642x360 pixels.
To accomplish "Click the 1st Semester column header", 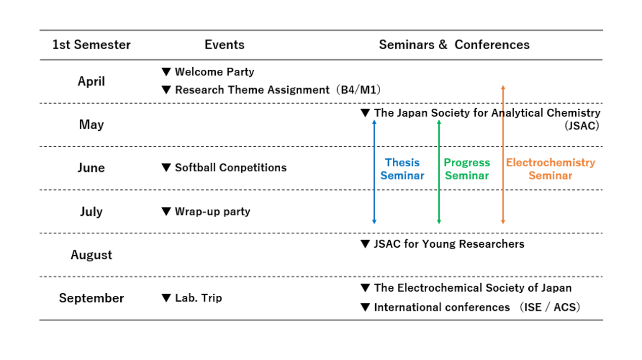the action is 91,44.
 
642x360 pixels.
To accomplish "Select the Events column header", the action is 224,44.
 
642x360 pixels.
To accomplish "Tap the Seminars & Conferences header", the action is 454,44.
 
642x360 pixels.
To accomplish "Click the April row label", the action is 91,82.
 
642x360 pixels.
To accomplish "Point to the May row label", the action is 91,125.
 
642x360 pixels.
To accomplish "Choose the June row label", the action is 91,168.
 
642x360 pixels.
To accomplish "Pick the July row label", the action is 91,212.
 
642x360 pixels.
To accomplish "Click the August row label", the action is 91,255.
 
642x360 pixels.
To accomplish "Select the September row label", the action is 91,298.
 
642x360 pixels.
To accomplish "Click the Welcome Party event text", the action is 215,72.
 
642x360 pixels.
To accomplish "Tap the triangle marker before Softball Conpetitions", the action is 166,167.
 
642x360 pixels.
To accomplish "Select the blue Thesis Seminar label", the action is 402,169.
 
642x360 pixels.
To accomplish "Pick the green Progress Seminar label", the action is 467,169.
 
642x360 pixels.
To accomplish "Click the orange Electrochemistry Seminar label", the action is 551,169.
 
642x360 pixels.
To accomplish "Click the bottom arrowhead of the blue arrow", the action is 374,222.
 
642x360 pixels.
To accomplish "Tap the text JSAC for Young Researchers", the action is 449,244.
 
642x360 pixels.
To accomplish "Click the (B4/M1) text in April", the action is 358,90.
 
